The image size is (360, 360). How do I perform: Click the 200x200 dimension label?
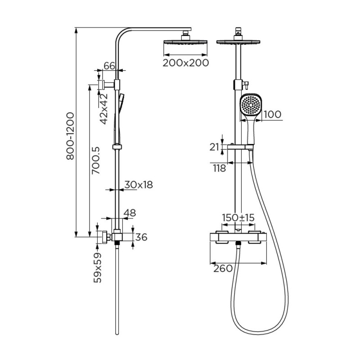[186, 63]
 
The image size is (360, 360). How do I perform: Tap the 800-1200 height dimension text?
[70, 136]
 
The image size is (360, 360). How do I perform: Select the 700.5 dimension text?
[96, 160]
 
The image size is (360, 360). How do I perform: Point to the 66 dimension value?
[109, 66]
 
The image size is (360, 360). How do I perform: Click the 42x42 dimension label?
[104, 109]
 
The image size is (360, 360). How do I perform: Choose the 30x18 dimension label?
[139, 184]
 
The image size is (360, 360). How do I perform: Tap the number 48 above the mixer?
[130, 213]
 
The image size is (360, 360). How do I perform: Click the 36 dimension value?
[141, 237]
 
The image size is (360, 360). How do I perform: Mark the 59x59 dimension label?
[97, 268]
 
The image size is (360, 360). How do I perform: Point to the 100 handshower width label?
[273, 114]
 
